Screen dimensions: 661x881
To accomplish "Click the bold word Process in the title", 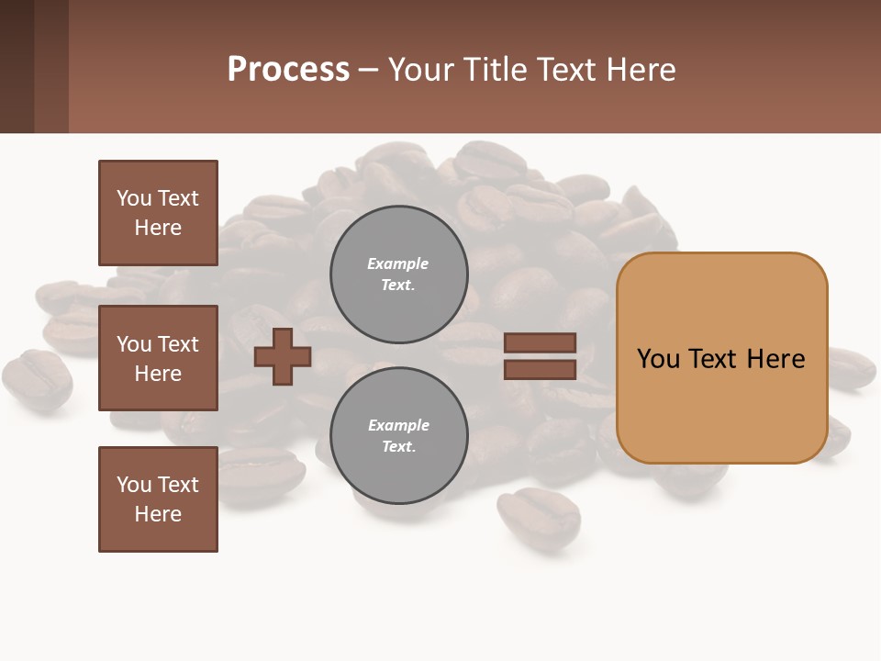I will (288, 69).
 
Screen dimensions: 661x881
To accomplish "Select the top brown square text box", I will (158, 213).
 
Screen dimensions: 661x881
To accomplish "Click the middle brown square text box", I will (158, 358).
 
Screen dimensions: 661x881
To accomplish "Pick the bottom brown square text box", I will (158, 499).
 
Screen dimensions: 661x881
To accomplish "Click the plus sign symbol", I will (283, 356).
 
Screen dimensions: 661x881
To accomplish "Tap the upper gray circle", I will (399, 274).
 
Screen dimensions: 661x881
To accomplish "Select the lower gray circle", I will (399, 436).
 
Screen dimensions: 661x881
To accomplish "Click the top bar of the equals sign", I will (540, 343).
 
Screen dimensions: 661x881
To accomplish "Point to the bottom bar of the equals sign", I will (540, 370).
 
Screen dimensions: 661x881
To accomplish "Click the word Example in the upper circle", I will (397, 263).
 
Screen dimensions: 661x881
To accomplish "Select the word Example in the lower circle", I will (398, 425).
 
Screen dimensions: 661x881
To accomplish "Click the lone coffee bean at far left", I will (37, 378).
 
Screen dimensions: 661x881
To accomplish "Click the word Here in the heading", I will (641, 69).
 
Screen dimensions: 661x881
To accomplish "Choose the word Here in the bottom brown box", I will (158, 514).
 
